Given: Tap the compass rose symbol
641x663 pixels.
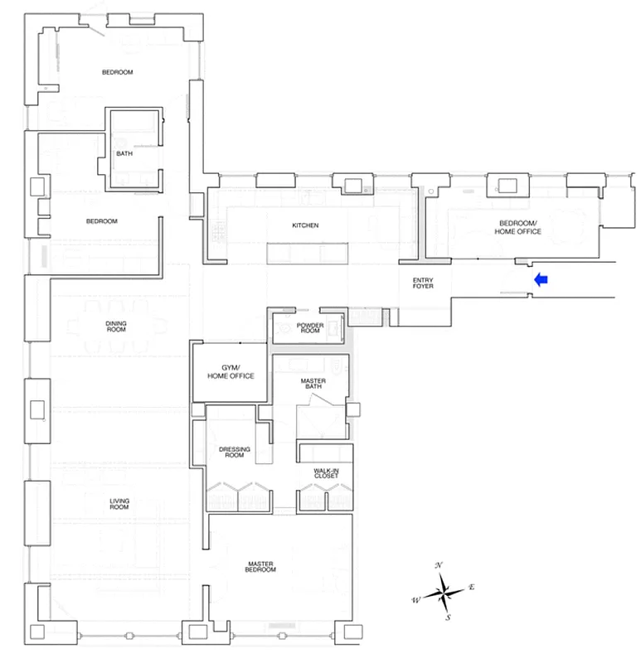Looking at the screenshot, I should click(x=445, y=591).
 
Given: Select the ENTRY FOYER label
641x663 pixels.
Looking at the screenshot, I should click(x=422, y=284).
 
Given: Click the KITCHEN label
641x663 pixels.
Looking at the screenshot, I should click(x=305, y=225).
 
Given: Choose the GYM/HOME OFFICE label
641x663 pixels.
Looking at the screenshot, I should click(x=230, y=371).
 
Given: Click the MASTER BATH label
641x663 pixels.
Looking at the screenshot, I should click(x=313, y=385).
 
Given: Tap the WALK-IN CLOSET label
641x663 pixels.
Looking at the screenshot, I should click(x=325, y=473).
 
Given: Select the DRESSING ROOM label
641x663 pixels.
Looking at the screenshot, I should click(x=235, y=452).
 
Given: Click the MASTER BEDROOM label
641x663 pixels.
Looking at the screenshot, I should click(x=260, y=567).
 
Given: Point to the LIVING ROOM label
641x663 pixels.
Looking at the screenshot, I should click(x=119, y=504).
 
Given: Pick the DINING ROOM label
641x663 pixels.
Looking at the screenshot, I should click(x=116, y=326).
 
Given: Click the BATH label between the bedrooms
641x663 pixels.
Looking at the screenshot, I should click(x=124, y=153).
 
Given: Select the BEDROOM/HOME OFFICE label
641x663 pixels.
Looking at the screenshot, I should click(x=519, y=228).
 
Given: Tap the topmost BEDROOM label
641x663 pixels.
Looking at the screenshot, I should click(x=118, y=72).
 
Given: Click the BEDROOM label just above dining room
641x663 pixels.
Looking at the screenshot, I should click(x=102, y=221).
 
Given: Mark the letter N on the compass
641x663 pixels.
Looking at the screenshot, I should click(x=439, y=564).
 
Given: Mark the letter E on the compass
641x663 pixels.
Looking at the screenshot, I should click(x=471, y=587).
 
